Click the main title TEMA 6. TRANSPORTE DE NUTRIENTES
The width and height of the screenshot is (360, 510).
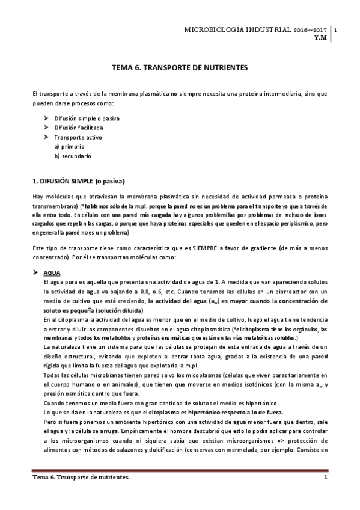[x=180, y=69]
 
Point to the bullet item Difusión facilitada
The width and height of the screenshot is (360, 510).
[x=79, y=128]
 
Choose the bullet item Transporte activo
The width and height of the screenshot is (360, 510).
[x=75, y=137]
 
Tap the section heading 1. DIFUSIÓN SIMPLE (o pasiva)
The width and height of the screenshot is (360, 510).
[x=79, y=181]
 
